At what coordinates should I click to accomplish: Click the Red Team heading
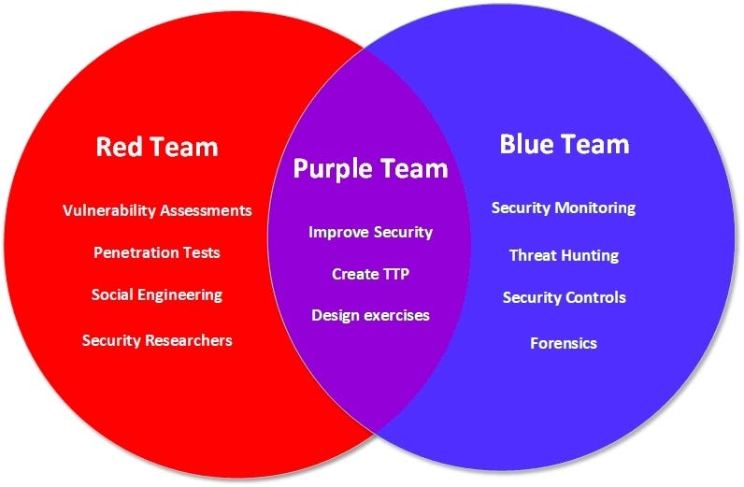pos(157,147)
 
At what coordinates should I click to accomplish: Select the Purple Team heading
pos(370,168)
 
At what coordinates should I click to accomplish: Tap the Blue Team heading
pos(564,144)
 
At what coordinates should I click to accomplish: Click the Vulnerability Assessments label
pos(157,210)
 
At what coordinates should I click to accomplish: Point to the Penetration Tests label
pos(157,252)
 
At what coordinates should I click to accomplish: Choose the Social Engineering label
pos(157,294)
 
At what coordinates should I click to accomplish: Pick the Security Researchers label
pos(157,340)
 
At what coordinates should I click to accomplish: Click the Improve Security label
pos(370,232)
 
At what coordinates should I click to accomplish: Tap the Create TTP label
pos(370,274)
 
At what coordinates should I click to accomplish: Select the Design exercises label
pos(370,315)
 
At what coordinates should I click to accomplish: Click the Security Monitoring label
pos(564,208)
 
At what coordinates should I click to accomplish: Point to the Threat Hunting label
pos(564,254)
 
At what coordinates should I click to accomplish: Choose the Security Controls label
pos(564,297)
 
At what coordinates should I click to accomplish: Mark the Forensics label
pos(564,343)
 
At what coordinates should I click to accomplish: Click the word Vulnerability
pos(108,210)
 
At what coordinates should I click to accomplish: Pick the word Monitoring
pos(596,208)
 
